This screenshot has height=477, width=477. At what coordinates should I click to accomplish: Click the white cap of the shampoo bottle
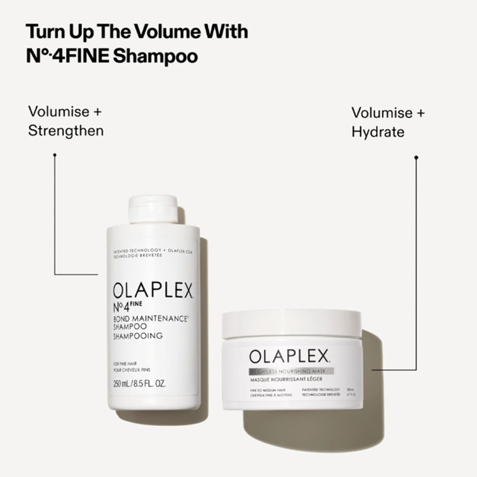tap(153, 209)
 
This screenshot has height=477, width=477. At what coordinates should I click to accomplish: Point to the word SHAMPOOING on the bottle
tap(138, 335)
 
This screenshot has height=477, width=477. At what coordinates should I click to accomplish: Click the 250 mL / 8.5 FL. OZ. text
tap(139, 384)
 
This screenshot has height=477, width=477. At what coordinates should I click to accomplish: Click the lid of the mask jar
tap(292, 324)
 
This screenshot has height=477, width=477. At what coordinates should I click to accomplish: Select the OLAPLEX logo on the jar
tap(290, 356)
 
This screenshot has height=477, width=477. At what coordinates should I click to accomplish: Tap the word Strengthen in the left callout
tap(66, 131)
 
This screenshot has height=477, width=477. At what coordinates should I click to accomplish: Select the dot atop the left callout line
tap(55, 155)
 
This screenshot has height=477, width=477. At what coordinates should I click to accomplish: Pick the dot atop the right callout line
tap(416, 157)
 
